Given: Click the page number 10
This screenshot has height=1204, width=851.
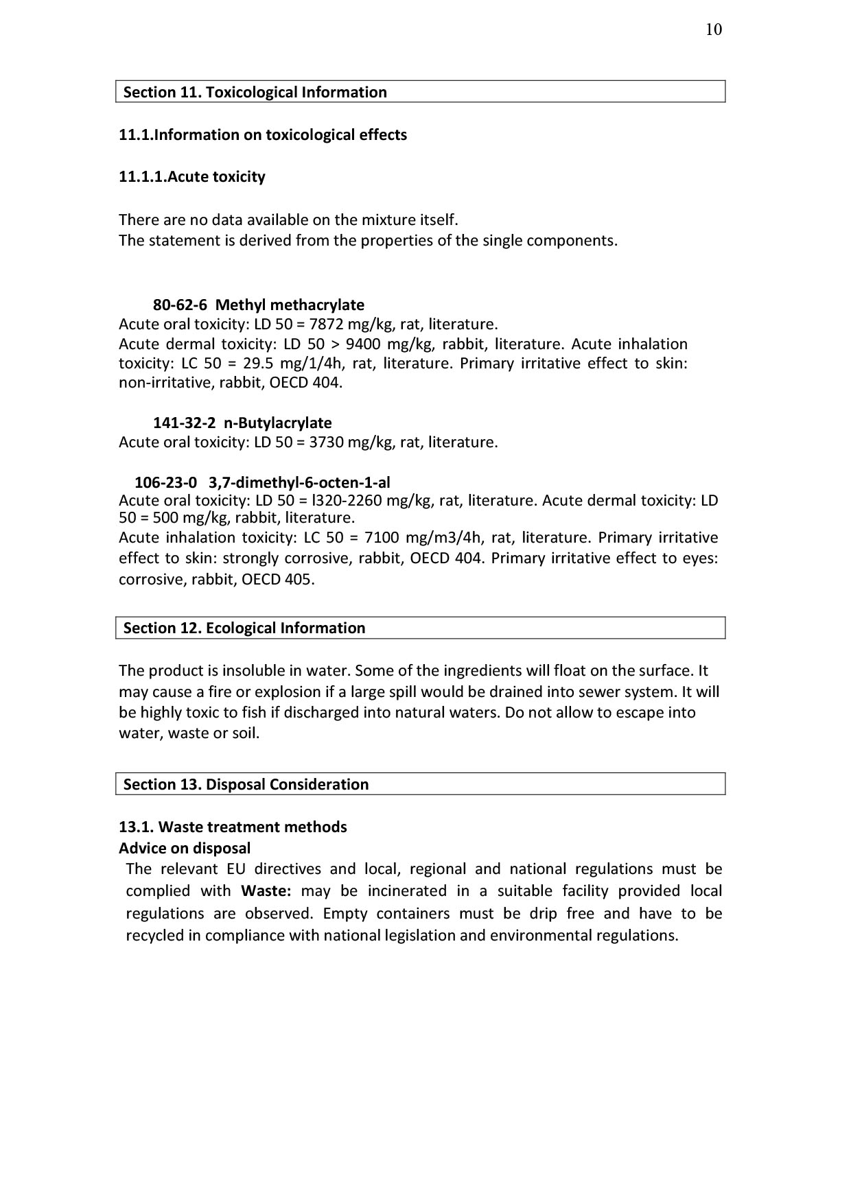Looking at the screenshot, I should (713, 29).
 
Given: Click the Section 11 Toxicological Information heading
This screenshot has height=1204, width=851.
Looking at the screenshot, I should (255, 92).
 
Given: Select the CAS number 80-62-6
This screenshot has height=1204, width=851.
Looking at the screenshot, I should (180, 305).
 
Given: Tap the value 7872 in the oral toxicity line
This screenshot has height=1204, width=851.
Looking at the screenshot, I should (327, 324).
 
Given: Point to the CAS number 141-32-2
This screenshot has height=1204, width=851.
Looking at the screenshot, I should (185, 423).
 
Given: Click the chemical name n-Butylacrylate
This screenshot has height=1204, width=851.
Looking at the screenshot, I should (278, 423).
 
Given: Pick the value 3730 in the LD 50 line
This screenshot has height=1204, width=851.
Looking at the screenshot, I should (327, 442).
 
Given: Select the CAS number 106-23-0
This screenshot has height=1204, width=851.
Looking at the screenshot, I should (165, 482).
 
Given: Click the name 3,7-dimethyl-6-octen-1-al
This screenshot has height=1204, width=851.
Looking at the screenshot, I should (299, 482).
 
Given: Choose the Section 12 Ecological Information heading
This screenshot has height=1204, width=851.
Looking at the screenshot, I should (244, 628).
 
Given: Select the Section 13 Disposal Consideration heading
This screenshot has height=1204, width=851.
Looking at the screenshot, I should (246, 784).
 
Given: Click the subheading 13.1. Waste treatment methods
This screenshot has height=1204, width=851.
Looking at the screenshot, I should (233, 827).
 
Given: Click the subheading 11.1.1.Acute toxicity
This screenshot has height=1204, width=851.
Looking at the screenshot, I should (191, 176).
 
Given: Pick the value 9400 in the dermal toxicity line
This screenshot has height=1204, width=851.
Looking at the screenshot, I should (363, 344).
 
